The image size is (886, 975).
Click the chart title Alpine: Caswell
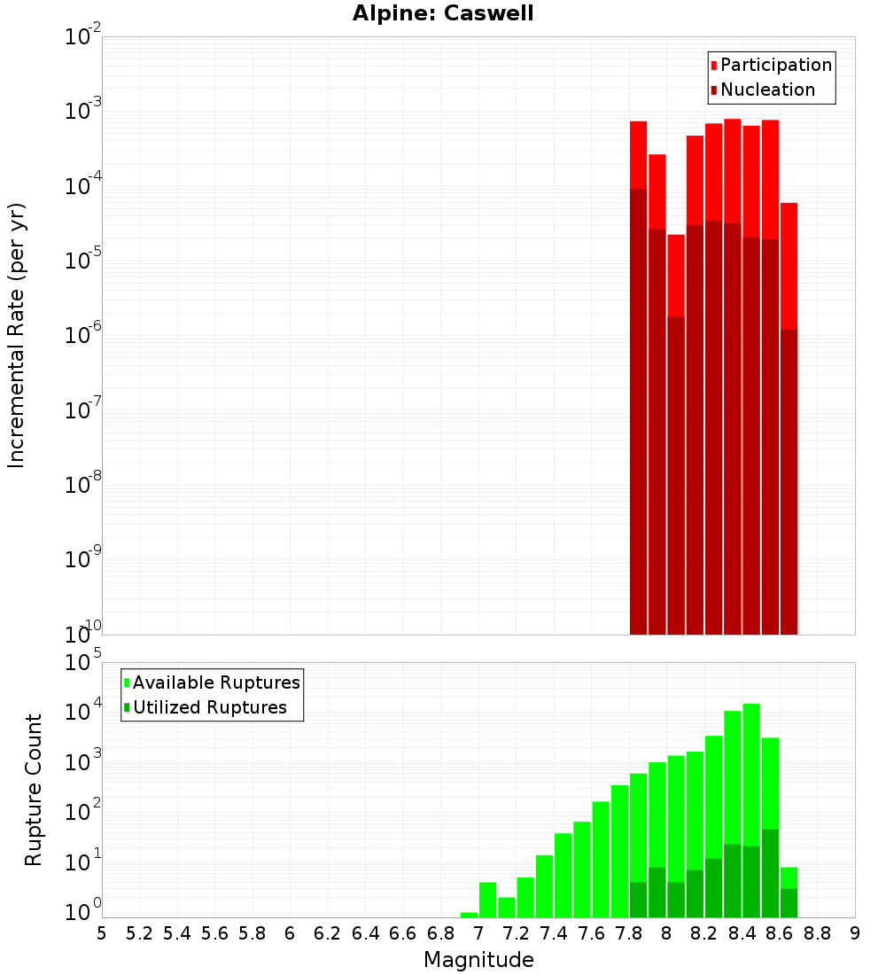[x=443, y=14]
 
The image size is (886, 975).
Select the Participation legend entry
[x=776, y=65]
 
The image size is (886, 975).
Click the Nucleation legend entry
[x=767, y=90]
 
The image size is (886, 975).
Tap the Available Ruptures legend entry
[x=216, y=682]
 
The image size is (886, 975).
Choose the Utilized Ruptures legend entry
[x=209, y=707]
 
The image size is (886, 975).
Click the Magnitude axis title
[x=478, y=960]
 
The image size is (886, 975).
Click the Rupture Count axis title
[x=34, y=790]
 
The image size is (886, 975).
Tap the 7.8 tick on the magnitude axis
[x=629, y=933]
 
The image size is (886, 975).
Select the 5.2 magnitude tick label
[x=139, y=933]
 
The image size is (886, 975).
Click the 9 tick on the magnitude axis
[x=855, y=933]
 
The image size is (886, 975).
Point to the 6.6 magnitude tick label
[x=403, y=933]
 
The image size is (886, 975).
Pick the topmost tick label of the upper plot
[x=82, y=37]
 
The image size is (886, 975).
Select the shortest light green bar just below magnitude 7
[x=469, y=915]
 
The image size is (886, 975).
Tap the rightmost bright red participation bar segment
[x=789, y=266]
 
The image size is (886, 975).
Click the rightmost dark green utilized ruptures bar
[x=789, y=902]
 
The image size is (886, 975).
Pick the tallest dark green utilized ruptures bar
[x=770, y=873]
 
